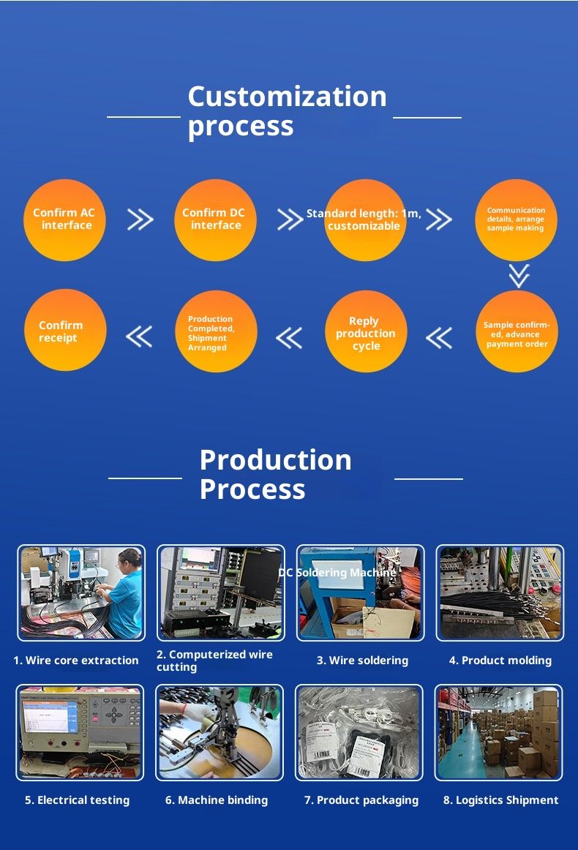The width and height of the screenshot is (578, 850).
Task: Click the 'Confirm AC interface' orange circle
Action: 64,219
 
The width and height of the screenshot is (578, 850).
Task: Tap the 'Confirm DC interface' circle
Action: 214,219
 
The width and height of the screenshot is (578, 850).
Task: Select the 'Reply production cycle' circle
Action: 365,332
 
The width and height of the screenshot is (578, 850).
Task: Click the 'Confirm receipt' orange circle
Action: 64,331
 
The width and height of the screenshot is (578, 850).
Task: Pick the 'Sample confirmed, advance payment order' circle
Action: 517,332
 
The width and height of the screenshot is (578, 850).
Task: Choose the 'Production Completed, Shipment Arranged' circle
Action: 217,332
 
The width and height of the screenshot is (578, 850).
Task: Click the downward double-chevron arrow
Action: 519,276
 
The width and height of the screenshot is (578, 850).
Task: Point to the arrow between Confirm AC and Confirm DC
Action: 140,219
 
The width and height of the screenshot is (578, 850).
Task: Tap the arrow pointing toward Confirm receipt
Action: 139,336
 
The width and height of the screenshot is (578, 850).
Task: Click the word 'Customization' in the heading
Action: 287,97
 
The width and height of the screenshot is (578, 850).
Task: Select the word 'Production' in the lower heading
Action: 275,460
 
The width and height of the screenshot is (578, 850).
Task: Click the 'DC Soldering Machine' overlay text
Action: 337,573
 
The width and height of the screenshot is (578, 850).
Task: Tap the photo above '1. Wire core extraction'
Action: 81,593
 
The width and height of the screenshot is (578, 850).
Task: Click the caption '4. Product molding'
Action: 500,661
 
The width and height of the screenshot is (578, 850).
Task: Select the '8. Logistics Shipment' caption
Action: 500,800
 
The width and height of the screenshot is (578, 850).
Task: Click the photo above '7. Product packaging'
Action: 359,732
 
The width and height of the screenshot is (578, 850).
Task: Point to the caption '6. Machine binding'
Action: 217,800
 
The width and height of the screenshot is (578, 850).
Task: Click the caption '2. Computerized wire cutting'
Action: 214,661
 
